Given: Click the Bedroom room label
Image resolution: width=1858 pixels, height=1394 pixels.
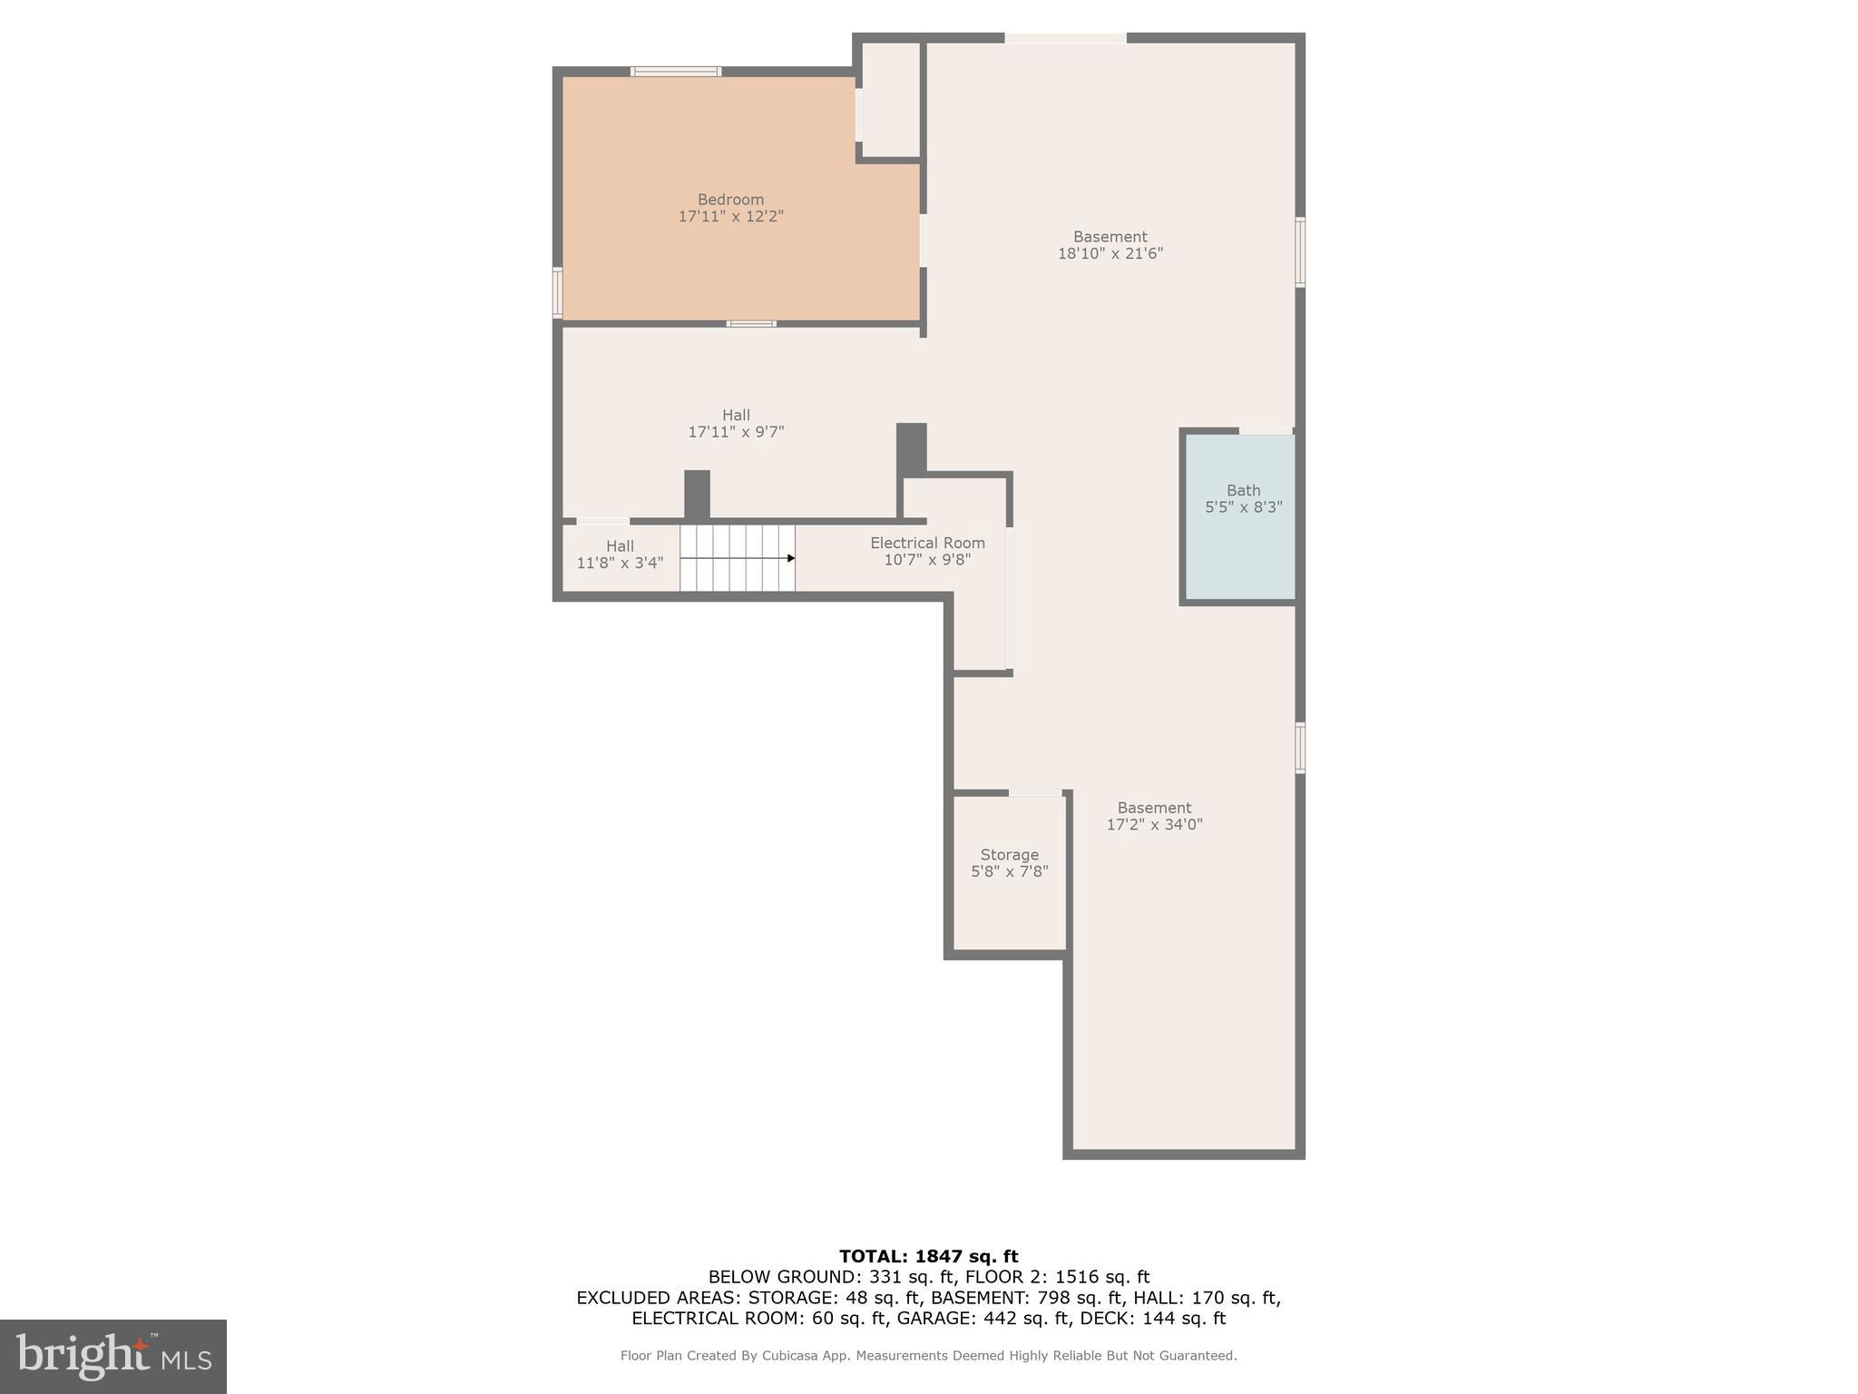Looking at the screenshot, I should [730, 200].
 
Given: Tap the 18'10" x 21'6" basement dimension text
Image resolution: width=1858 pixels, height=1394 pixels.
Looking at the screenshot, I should [1110, 254].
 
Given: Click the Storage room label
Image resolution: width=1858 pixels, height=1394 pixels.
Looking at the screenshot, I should [1009, 855].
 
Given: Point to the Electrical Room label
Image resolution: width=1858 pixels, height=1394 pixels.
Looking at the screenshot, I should [927, 543].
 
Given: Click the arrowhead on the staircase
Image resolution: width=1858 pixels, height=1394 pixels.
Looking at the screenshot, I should [790, 558].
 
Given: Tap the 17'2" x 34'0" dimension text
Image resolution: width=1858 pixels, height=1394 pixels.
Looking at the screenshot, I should [1154, 825].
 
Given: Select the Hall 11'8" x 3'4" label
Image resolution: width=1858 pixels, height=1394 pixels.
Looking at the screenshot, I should [620, 554].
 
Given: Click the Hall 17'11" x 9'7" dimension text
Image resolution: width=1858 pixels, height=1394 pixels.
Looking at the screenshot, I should [736, 433].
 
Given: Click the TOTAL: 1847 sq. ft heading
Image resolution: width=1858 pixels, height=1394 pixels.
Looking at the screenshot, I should [928, 1256].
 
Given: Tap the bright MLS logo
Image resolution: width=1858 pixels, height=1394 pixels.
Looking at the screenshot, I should [113, 1356].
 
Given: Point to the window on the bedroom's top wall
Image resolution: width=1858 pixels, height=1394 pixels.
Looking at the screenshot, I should [676, 72].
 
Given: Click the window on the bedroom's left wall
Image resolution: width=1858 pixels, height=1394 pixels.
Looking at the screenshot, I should [557, 292].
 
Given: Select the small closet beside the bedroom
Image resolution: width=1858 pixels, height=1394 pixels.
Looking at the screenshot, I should [890, 100].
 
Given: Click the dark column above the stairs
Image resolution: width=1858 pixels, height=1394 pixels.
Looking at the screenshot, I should [697, 495].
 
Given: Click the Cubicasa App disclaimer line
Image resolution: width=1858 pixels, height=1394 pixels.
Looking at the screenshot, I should [928, 1356].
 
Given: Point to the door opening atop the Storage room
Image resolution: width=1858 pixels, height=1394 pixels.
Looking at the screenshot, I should [1034, 793].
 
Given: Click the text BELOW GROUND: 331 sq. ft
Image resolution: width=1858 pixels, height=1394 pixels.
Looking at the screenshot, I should [830, 1277].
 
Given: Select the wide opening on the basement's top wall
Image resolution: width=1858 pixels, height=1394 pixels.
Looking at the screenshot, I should [1065, 38].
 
